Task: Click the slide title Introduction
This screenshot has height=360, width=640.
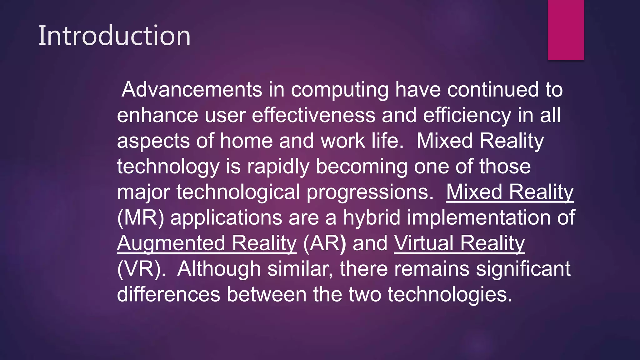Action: tap(114, 36)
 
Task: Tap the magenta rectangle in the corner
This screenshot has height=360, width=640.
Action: tap(566, 30)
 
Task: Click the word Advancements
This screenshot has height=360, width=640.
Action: tap(192, 90)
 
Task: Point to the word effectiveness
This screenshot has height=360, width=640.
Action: tap(313, 115)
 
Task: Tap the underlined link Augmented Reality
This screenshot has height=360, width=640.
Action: tap(207, 243)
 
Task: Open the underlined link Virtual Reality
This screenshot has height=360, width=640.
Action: tap(459, 243)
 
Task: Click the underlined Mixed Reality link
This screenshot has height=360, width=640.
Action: tap(510, 192)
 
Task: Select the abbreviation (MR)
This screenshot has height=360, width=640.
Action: tap(140, 218)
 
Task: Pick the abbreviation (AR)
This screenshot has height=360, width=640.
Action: tap(324, 243)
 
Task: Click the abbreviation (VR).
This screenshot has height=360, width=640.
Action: tap(141, 269)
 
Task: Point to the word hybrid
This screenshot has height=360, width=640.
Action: tap(372, 218)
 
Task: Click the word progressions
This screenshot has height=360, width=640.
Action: tap(370, 192)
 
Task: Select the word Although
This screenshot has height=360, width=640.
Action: tap(219, 269)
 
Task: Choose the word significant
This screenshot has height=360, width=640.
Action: tap(523, 269)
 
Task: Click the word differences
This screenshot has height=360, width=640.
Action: tap(168, 295)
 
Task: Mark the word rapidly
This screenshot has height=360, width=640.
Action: tap(278, 167)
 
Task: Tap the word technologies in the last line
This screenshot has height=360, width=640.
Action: tap(450, 295)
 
